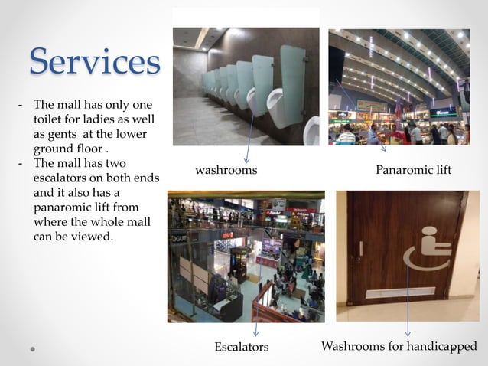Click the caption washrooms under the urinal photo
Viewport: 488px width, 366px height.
pyautogui.click(x=226, y=170)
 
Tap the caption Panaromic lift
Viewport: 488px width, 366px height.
pyautogui.click(x=414, y=170)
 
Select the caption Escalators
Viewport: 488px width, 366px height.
pyautogui.click(x=242, y=347)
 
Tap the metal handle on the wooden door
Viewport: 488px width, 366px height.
pyautogui.click(x=361, y=248)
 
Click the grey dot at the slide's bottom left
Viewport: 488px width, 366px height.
pyautogui.click(x=34, y=348)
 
